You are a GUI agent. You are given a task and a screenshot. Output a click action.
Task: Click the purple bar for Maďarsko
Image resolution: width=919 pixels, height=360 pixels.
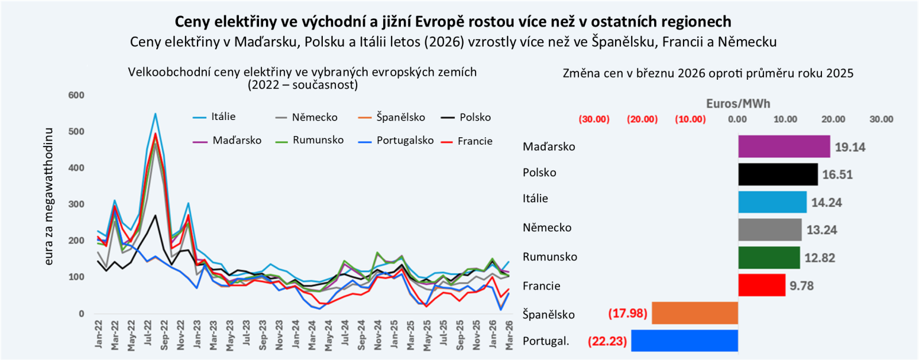784,146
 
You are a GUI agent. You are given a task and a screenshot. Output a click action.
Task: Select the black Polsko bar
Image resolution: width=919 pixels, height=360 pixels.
778,174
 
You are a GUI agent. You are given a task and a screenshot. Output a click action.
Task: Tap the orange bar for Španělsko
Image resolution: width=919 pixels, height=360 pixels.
694,313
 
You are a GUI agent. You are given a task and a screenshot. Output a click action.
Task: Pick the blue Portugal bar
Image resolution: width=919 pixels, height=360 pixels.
684,340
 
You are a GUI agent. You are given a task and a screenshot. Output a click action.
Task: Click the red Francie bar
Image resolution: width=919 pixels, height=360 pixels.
762,285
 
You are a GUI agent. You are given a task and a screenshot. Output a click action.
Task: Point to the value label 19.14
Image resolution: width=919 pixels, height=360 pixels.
850,147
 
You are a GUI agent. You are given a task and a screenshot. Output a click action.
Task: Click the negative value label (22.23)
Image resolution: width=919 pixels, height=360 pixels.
607,341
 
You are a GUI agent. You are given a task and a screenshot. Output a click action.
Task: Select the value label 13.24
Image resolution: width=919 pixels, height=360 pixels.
821,230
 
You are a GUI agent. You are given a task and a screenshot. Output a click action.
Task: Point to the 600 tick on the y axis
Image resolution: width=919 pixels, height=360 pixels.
76,95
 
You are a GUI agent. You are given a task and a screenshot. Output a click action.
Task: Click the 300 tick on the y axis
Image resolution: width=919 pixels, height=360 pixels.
76,204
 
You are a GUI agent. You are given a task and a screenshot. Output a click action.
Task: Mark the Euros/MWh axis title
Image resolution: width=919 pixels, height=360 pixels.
737,104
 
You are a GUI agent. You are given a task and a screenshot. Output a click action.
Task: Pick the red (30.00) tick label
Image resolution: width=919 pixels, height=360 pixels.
594,119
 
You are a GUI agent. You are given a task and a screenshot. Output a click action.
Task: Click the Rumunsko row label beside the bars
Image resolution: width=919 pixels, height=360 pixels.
550,257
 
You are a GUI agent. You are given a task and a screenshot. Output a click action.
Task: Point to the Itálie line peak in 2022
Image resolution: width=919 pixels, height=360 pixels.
155,114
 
